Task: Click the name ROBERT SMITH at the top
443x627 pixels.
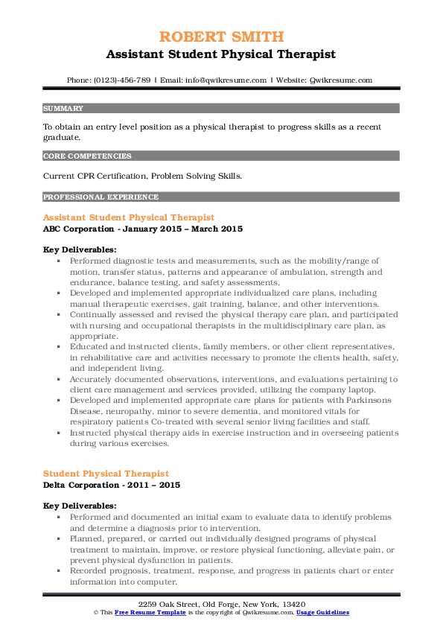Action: [221, 36]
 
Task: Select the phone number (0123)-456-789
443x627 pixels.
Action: [124, 80]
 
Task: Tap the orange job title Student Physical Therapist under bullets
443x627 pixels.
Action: [106, 473]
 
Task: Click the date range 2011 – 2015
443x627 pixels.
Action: [158, 485]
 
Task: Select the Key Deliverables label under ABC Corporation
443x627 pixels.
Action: [79, 250]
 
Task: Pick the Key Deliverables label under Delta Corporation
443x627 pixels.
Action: [79, 506]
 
